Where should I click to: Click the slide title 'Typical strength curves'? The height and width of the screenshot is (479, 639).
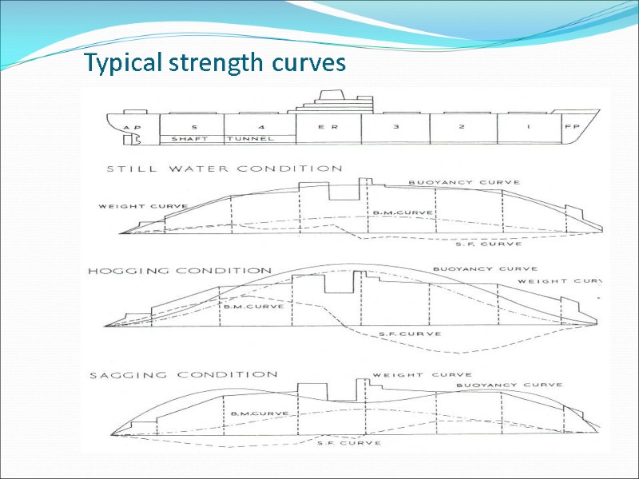click(216, 63)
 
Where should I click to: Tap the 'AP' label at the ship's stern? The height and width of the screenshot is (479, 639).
click(132, 127)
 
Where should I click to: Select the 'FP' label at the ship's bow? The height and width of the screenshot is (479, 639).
click(572, 126)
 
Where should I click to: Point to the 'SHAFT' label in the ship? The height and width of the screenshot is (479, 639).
click(190, 139)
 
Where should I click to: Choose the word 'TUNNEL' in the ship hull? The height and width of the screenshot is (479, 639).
click(251, 139)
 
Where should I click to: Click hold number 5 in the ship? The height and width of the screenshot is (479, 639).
click(194, 127)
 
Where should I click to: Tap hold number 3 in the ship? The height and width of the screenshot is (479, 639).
click(395, 127)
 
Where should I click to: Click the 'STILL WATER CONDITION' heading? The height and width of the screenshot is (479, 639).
click(224, 168)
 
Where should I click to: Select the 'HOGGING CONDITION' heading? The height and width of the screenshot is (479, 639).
click(180, 271)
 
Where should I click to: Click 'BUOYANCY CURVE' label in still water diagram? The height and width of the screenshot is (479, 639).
click(453, 183)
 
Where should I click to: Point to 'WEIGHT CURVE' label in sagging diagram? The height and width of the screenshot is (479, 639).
click(423, 374)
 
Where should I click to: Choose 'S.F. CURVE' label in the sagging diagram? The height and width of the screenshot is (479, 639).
click(349, 442)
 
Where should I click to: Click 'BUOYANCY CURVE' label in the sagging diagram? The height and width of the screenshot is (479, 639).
click(509, 385)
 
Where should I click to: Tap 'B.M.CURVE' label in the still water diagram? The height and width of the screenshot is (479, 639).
click(403, 213)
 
